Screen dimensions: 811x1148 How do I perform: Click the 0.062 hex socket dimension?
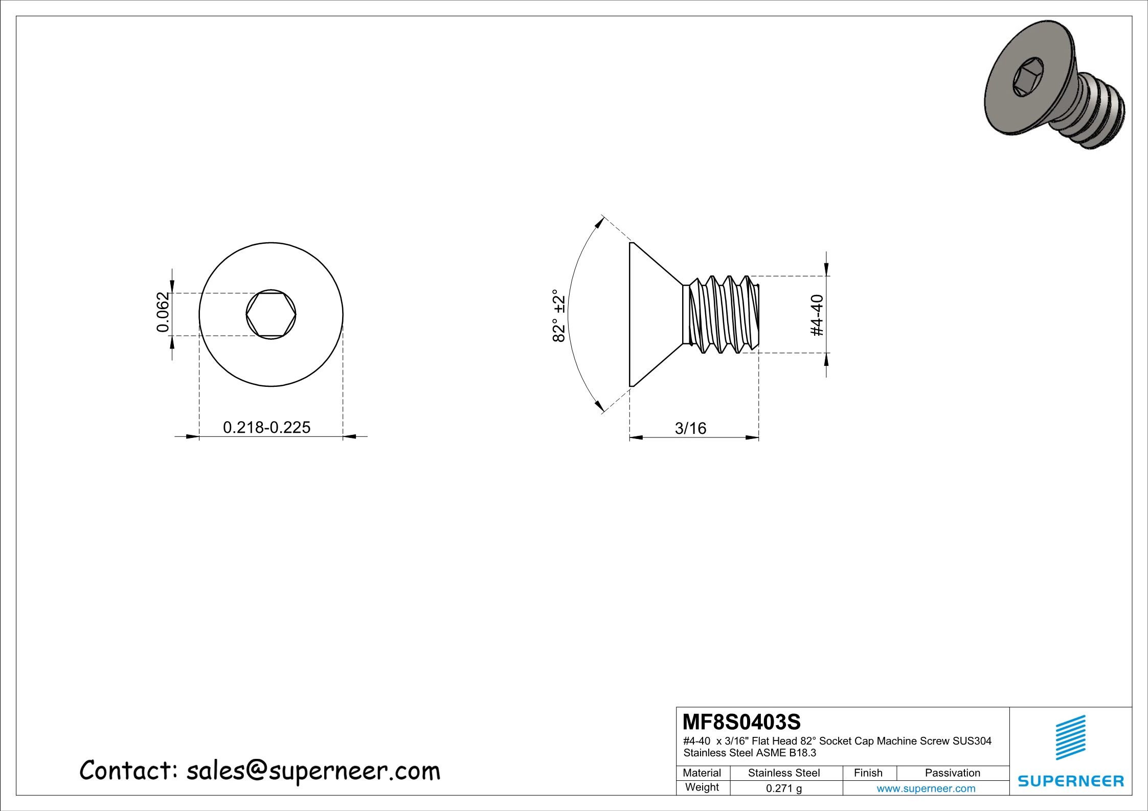tap(162, 312)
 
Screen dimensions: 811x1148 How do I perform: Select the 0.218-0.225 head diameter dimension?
tap(266, 427)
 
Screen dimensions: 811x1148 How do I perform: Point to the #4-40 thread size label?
tap(817, 315)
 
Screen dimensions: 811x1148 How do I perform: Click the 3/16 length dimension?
tap(690, 428)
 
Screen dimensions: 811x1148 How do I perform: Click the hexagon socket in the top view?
tap(271, 314)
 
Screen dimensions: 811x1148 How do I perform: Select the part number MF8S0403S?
tap(741, 722)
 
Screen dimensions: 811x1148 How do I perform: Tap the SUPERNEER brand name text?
tap(1071, 781)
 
